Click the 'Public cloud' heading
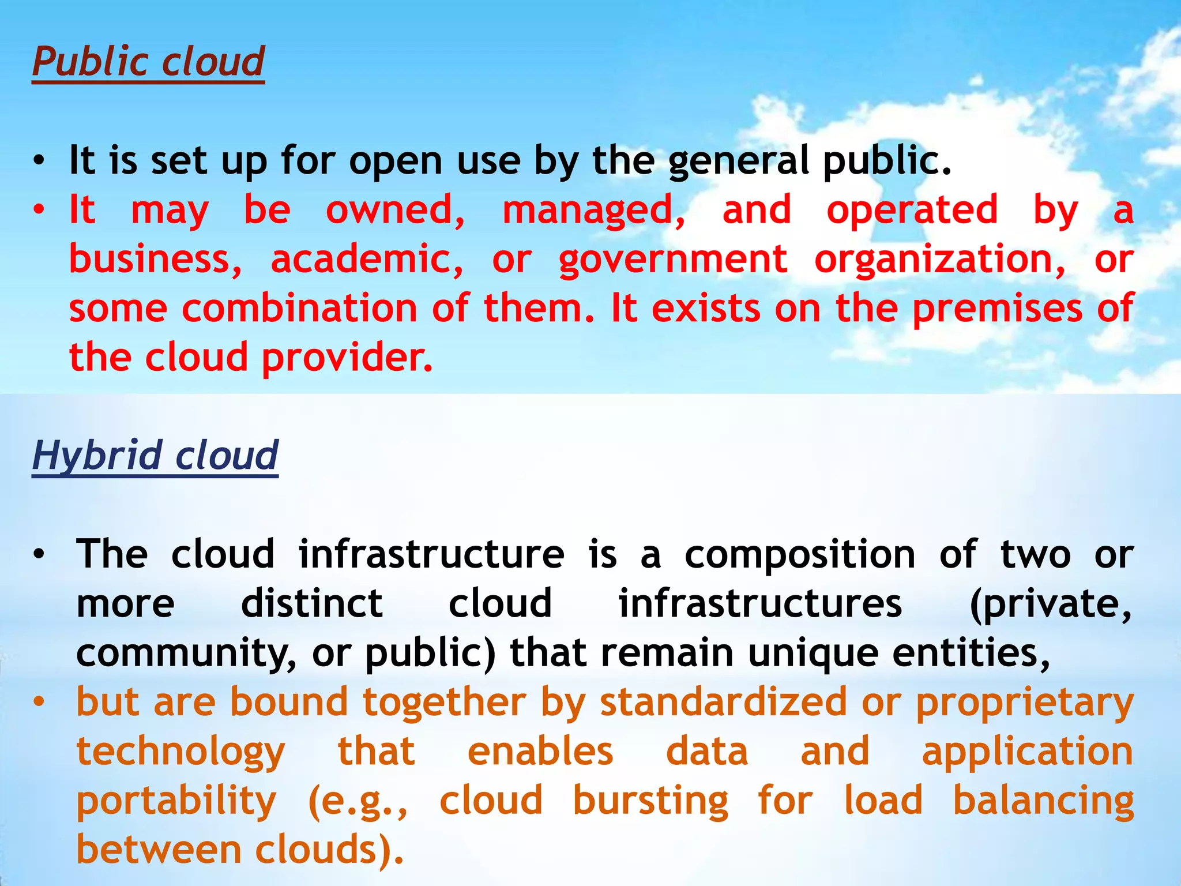148,61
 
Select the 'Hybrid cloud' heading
155,455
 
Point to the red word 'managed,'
594,211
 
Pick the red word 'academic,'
367,259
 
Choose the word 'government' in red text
672,260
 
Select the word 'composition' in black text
800,554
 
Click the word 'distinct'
312,603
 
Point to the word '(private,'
1051,605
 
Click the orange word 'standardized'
724,703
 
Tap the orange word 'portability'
176,802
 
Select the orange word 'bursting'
650,802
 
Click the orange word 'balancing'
1043,802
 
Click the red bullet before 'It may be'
39,211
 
